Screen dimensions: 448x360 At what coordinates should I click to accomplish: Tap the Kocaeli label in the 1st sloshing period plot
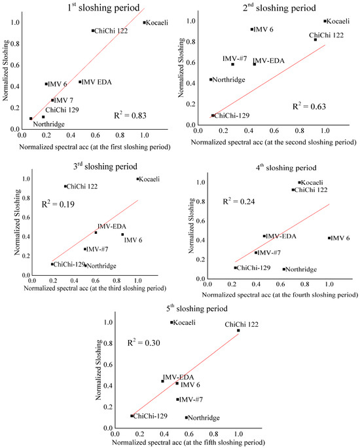(x=156, y=22)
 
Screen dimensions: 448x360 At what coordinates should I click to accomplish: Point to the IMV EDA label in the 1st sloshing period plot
(x=92, y=82)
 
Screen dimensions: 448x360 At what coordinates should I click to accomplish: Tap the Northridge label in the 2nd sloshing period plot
(x=228, y=80)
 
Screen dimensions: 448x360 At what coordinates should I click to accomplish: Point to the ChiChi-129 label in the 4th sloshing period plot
(x=253, y=268)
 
